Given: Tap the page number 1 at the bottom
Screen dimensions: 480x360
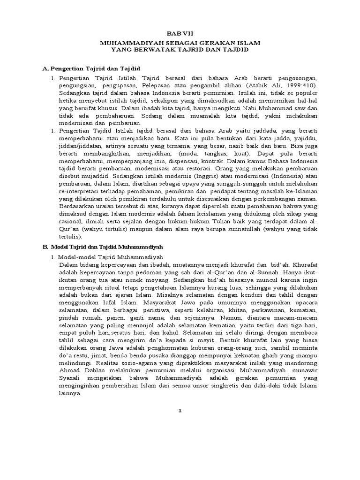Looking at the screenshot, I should (180, 411).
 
